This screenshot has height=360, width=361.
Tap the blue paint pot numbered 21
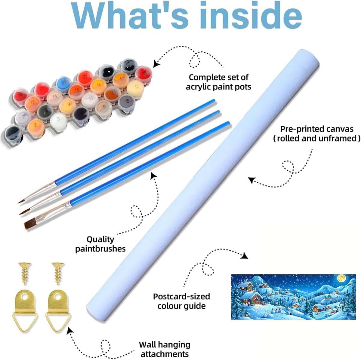tap(63, 83)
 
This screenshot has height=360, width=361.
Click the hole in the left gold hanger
tap(25, 297)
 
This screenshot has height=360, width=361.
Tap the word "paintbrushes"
tap(100, 249)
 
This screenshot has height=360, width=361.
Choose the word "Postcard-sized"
tap(181, 297)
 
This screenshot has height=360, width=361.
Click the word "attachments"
tap(165, 354)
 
